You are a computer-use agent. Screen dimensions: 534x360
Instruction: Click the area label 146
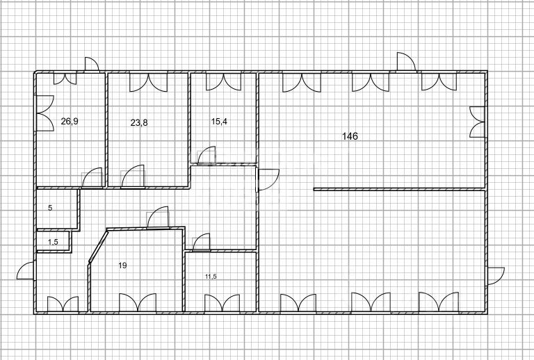pos(350,136)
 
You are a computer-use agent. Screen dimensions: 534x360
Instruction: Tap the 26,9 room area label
pos(70,121)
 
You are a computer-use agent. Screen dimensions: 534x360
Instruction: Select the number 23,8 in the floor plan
pos(139,122)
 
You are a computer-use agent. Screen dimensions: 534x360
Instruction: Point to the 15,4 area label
pos(219,121)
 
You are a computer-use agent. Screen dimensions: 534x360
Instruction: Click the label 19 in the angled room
pos(122,265)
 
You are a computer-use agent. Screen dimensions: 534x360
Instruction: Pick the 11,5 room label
pos(211,277)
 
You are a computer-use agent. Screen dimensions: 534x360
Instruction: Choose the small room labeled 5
pos(50,208)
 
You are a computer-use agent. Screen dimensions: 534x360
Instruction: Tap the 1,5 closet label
pos(53,242)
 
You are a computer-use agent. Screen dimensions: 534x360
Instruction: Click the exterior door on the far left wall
pos(26,272)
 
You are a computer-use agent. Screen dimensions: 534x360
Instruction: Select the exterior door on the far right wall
pos(495,275)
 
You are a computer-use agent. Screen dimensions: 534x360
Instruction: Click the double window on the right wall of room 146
pos(477,122)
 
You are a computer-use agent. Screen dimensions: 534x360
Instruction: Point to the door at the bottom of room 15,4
pos(207,156)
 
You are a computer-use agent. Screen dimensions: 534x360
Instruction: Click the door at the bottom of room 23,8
pos(133,178)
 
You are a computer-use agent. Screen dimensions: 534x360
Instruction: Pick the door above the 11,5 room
pos(201,242)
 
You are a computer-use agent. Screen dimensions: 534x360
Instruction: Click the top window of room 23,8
pos(148,81)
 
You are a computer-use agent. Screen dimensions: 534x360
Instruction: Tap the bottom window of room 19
pos(137,304)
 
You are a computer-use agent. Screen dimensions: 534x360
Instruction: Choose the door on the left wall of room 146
pos(267,181)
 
